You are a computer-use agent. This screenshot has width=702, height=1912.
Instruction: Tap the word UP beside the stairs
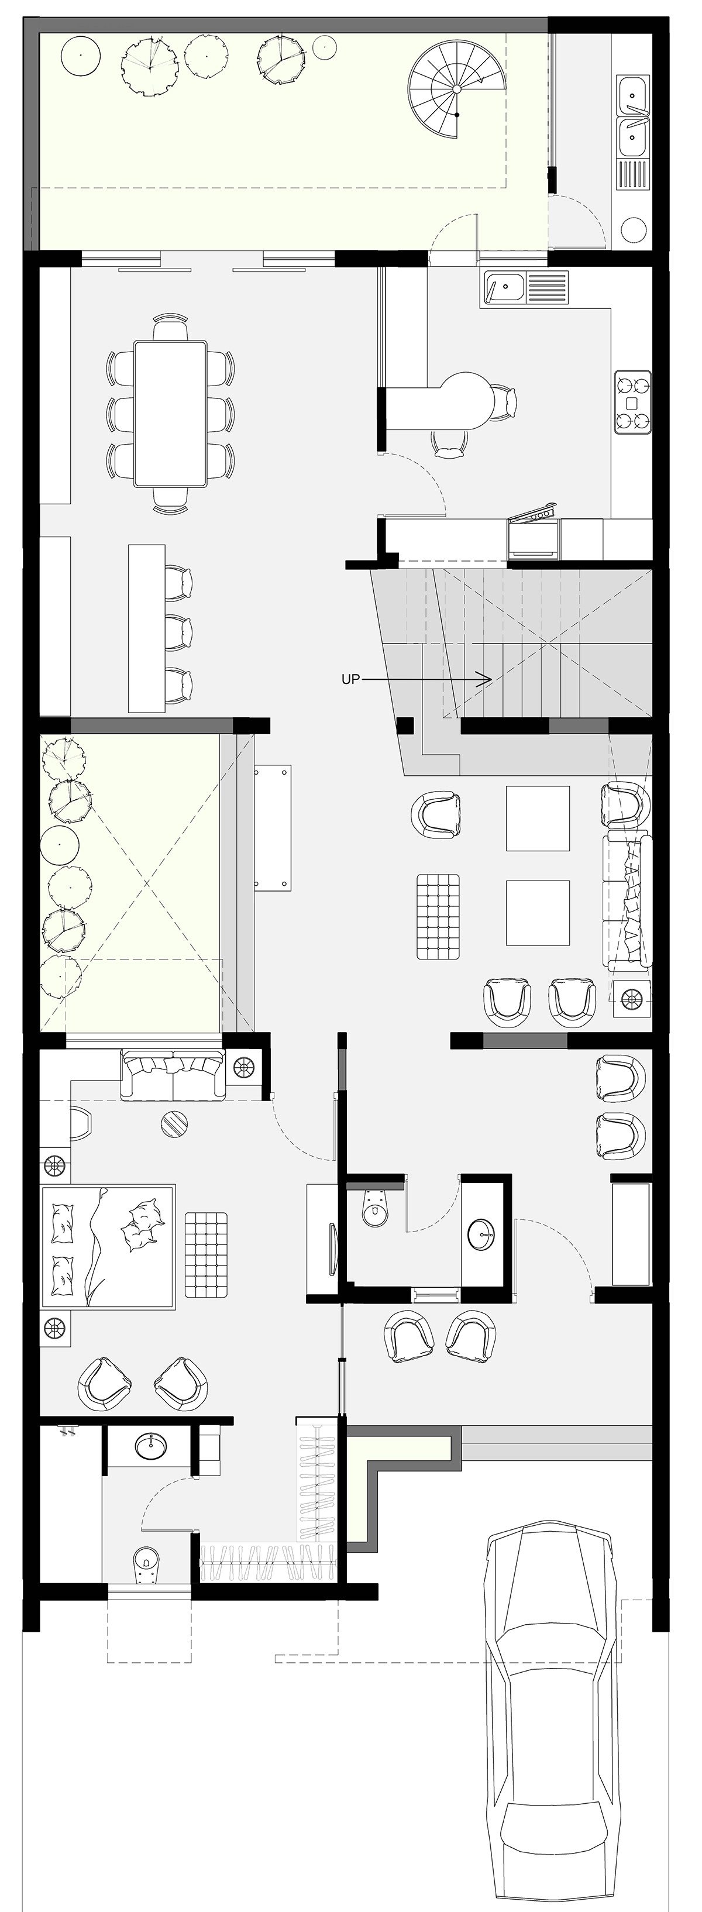point(350,679)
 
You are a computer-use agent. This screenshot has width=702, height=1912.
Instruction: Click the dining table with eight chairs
point(170,412)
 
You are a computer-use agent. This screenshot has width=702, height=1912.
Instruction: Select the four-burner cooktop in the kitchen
point(632,401)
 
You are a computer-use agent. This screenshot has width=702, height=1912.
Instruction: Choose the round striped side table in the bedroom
point(175,1122)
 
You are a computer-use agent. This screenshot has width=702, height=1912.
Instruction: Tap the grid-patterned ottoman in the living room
point(438,917)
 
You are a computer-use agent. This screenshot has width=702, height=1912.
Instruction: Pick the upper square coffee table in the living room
point(538,818)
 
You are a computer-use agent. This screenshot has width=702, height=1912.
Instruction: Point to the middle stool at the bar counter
point(178,632)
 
